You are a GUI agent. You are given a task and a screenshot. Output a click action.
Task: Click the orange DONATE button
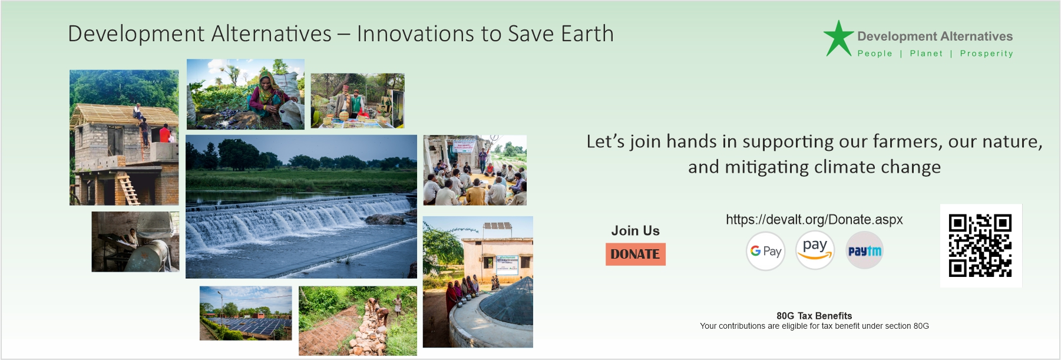pyautogui.click(x=635, y=254)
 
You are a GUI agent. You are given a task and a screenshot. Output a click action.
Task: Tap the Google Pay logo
pyautogui.click(x=765, y=251)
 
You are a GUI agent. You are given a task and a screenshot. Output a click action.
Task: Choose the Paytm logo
pyautogui.click(x=864, y=251)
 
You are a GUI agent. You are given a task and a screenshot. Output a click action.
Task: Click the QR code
pyautogui.click(x=980, y=246)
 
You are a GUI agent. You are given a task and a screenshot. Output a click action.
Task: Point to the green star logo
pyautogui.click(x=838, y=38)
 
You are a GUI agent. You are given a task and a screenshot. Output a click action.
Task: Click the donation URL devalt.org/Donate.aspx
pyautogui.click(x=814, y=220)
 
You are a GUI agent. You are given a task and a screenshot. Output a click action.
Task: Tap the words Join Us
pyautogui.click(x=635, y=231)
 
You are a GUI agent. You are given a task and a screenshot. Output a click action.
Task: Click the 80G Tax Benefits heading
pyautogui.click(x=814, y=316)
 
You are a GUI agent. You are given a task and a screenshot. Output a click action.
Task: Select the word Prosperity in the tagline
pyautogui.click(x=987, y=54)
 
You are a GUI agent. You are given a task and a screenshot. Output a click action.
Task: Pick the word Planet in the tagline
pyautogui.click(x=926, y=53)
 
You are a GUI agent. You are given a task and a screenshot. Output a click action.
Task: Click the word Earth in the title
pyautogui.click(x=587, y=34)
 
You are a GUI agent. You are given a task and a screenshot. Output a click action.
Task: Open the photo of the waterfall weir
pyautogui.click(x=301, y=206)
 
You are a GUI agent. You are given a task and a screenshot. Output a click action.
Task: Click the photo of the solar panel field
pyautogui.click(x=246, y=313)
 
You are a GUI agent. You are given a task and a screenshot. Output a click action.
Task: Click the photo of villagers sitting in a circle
pyautogui.click(x=475, y=170)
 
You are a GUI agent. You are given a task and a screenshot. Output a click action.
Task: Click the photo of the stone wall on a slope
pyautogui.click(x=358, y=321)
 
